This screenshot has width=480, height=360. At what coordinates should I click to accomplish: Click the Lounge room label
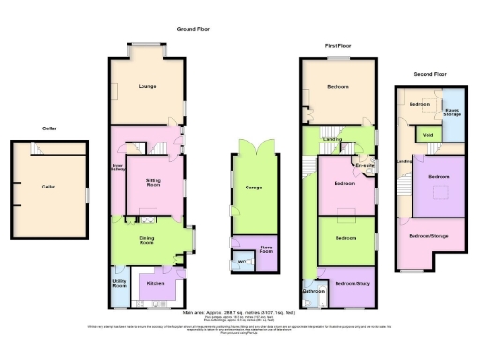coord(146,87)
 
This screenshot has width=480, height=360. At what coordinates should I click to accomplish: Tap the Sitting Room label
coord(155,180)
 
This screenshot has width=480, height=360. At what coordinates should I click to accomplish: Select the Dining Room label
coord(146,240)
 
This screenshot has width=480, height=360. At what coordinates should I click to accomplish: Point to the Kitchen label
coord(156,282)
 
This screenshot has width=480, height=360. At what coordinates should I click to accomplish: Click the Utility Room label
coord(119,282)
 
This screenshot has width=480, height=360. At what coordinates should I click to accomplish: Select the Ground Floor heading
coord(192,29)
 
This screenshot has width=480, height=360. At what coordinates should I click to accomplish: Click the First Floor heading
coord(338,45)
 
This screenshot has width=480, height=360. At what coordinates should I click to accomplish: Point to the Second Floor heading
coord(431,73)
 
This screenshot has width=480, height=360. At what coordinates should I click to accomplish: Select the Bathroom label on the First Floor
coord(313,291)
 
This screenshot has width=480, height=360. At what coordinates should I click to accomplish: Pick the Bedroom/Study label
coord(352,282)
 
